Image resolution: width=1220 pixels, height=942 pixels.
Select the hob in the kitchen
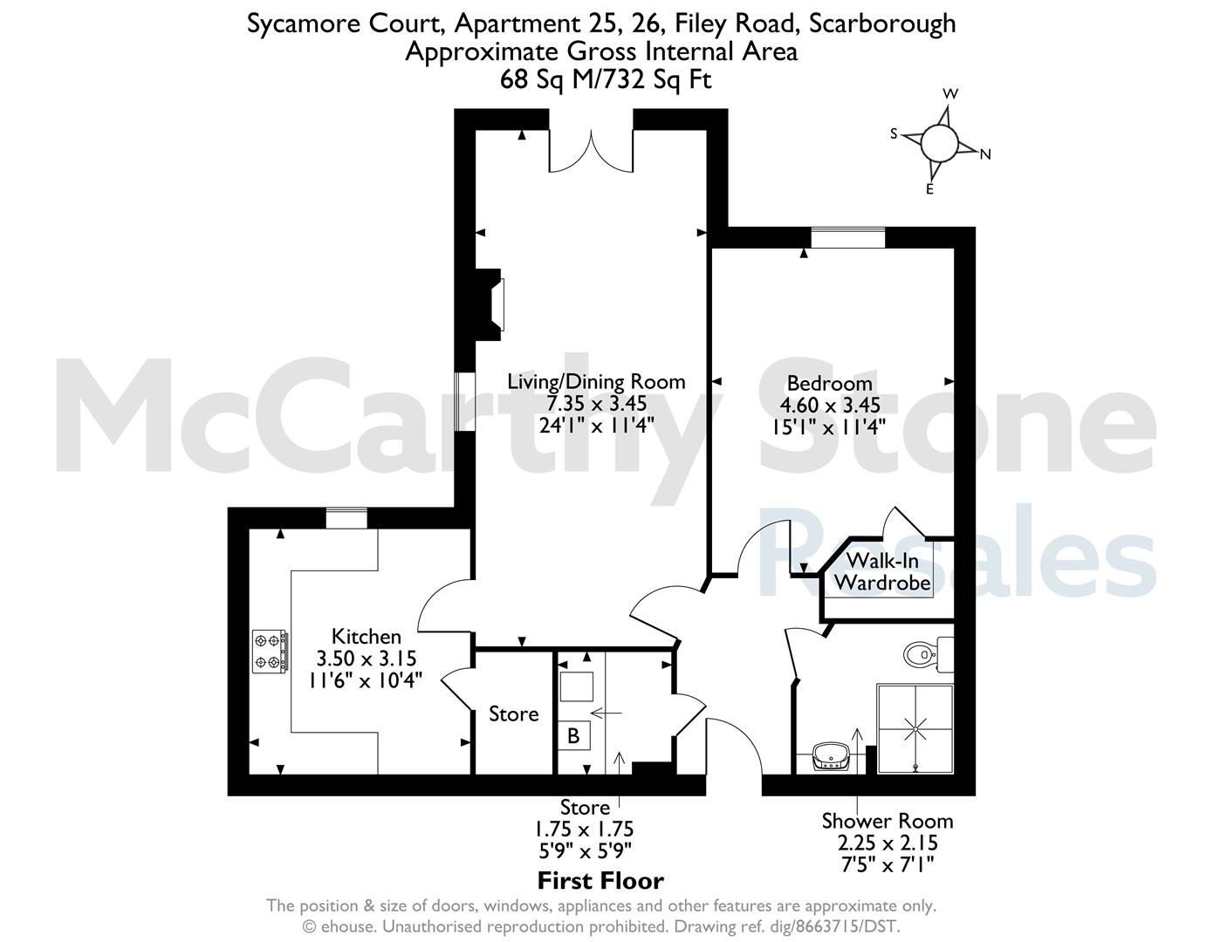(271, 652)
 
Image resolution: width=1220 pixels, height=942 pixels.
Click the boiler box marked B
(574, 735)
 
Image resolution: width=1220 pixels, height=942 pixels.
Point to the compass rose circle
(939, 142)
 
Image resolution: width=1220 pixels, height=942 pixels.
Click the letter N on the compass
(985, 154)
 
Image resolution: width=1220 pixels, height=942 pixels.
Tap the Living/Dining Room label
(596, 381)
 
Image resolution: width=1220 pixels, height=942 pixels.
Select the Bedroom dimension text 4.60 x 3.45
(830, 405)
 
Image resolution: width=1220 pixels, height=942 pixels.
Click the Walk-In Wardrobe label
(882, 571)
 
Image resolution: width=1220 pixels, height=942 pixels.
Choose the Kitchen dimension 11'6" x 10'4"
(366, 680)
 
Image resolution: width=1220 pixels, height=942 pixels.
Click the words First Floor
(600, 881)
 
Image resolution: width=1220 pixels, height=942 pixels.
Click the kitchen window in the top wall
(346, 518)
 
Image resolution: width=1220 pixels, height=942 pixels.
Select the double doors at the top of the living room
(591, 150)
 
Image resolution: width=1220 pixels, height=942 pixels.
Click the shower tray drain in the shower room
(916, 729)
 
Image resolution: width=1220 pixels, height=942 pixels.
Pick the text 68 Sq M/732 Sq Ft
(606, 79)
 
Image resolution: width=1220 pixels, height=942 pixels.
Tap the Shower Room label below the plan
(888, 821)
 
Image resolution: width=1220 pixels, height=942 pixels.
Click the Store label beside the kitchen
(514, 714)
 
